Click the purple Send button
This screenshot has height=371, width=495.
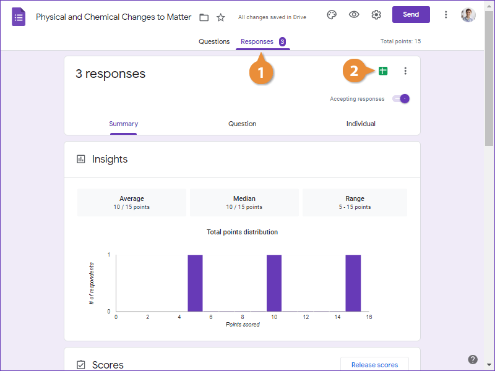(x=411, y=15)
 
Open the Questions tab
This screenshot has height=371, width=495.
(x=214, y=42)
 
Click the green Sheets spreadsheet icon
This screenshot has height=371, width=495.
(x=382, y=71)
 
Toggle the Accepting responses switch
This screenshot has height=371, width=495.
(x=402, y=99)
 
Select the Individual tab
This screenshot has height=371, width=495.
(x=361, y=124)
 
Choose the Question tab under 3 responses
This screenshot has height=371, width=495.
(x=242, y=124)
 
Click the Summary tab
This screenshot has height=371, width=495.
(x=123, y=124)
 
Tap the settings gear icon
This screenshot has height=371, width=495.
(x=376, y=15)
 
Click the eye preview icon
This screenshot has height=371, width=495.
(x=354, y=15)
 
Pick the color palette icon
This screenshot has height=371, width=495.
(x=332, y=15)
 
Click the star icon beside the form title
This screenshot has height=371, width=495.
(x=221, y=17)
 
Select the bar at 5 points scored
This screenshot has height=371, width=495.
(x=195, y=283)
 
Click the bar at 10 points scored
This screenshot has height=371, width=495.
(x=273, y=283)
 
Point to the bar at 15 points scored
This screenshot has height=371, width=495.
(x=353, y=283)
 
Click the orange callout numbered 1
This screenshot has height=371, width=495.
(x=260, y=72)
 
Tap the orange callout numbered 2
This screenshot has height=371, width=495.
(x=354, y=71)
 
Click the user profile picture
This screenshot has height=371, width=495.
(x=468, y=15)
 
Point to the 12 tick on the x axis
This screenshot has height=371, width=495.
(x=306, y=317)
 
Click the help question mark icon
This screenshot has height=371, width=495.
(x=473, y=359)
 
